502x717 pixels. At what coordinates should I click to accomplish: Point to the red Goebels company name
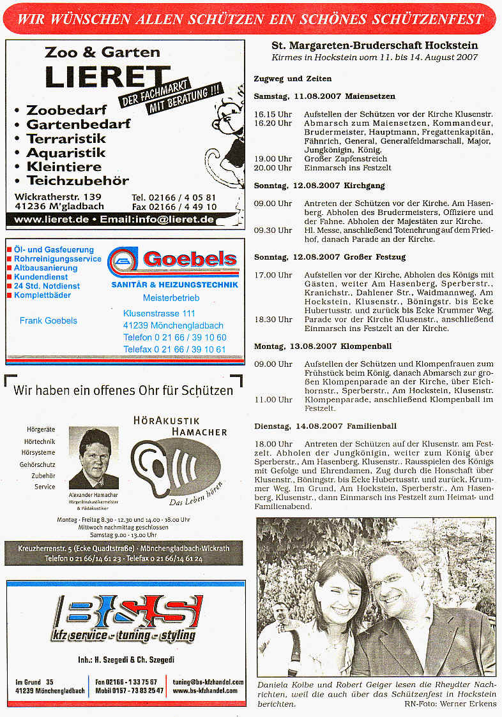click(x=190, y=259)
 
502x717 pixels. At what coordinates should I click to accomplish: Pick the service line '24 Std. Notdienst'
click(x=47, y=286)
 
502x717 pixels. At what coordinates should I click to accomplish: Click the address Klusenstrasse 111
click(x=159, y=313)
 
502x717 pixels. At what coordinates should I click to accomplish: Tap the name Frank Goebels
click(x=49, y=320)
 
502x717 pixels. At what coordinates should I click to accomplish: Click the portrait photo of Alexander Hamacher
click(x=94, y=458)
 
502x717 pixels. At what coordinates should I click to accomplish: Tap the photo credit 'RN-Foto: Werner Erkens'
click(x=450, y=704)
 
